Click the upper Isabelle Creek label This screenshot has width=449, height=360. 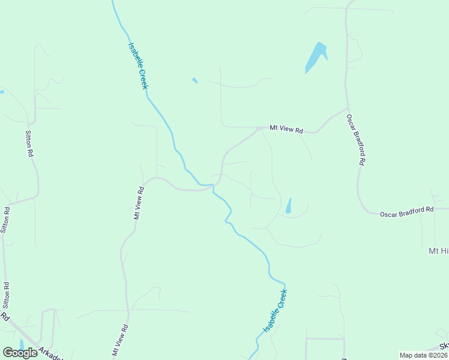pos(138,66)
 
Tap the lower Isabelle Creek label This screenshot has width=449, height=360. pos(276,311)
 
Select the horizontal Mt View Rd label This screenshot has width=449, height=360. pos(286,129)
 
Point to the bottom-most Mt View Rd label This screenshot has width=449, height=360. pos(121,340)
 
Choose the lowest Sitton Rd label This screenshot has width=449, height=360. pos(7,295)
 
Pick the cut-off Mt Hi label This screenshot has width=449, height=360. pos(438,251)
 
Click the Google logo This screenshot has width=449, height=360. pos(20,353)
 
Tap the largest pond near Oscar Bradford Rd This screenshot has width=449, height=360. pos(315,57)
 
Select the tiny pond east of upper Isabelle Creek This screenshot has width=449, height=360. pos(194,80)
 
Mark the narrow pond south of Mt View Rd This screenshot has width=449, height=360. pos(289,206)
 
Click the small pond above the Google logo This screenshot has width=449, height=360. pos(22,344)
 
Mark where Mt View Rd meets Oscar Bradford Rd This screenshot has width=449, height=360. pos(347,109)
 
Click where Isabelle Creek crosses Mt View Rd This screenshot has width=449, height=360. pos(213,186)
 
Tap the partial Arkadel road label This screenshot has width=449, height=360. pos(50,353)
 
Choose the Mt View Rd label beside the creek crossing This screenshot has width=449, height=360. pos(139,203)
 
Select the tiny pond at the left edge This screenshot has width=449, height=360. pos(2,92)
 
